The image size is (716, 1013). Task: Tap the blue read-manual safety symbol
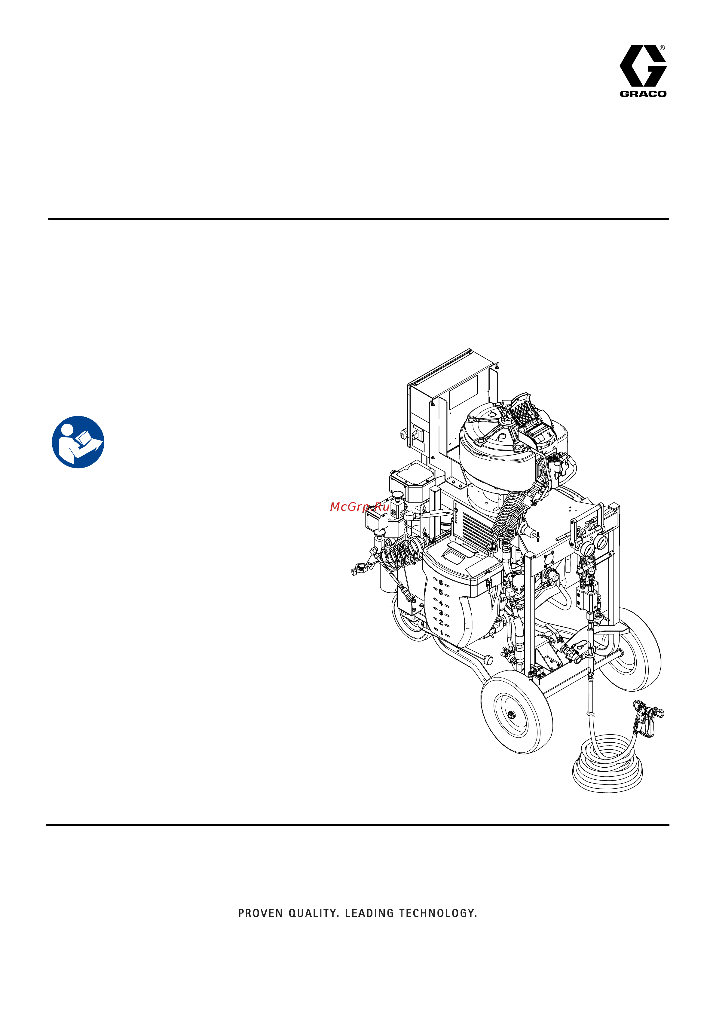click(78, 442)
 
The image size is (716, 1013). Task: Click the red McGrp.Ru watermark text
click(360, 507)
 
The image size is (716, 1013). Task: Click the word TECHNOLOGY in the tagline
click(438, 913)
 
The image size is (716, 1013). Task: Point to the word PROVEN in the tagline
click(260, 913)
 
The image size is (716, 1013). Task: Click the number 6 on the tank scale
click(441, 583)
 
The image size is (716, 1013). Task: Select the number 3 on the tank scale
click(441, 613)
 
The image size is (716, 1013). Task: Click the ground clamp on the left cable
click(360, 570)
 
